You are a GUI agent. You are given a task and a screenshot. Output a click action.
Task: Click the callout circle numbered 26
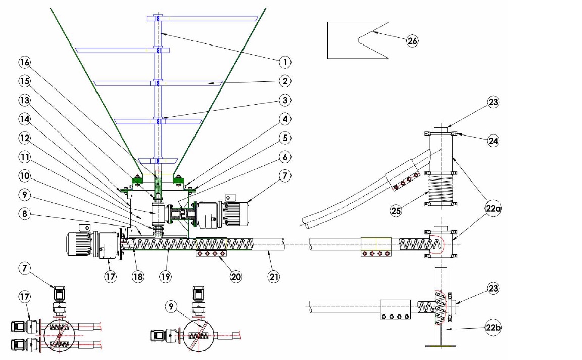click(x=412, y=41)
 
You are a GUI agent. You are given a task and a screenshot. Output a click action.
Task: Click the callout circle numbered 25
click(x=396, y=210)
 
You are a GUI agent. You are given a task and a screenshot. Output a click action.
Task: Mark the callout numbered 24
click(x=493, y=142)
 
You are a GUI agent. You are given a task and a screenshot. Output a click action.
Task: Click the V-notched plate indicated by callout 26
click(x=344, y=40)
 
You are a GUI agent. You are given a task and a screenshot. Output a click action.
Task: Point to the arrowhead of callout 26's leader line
click(x=373, y=32)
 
